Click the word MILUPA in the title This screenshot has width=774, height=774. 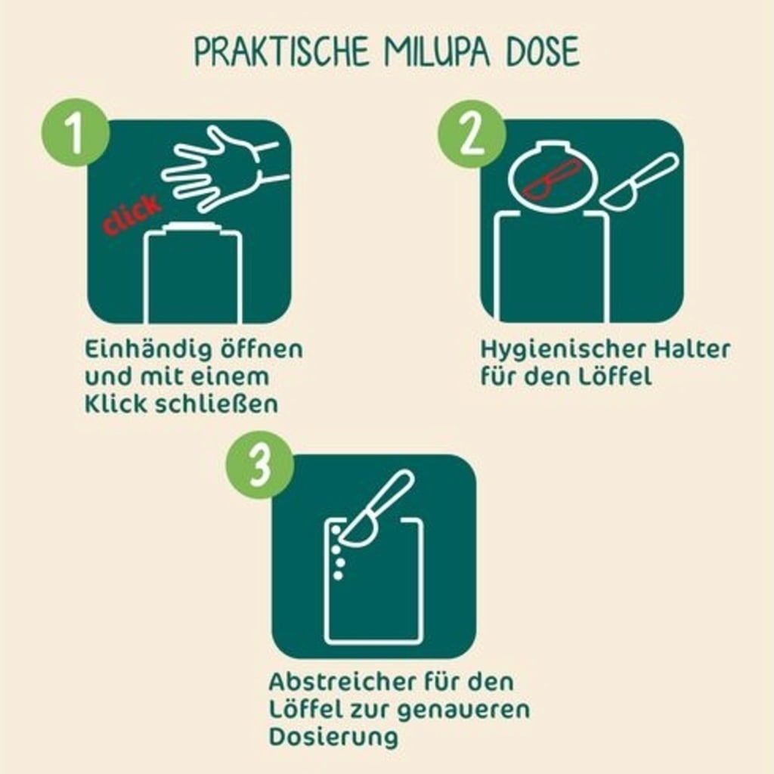point(435,51)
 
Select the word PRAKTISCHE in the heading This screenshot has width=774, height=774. point(281,51)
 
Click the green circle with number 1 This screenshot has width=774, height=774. point(75,132)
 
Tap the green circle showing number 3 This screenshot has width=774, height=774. point(260,465)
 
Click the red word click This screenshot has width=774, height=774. point(132,213)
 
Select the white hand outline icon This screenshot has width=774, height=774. point(224,168)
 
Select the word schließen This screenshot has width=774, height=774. point(217,404)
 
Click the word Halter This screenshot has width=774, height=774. point(692,349)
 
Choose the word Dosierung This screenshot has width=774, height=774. point(333,738)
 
